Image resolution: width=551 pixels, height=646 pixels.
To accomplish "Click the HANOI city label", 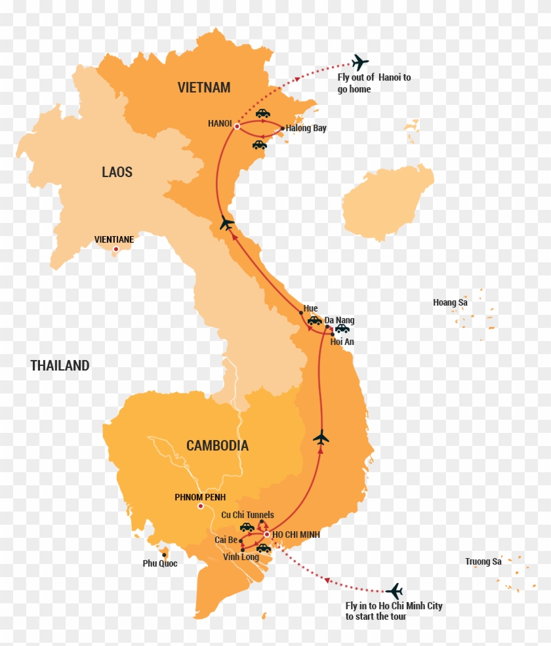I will [219, 123].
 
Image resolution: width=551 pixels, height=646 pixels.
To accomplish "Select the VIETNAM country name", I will [204, 87].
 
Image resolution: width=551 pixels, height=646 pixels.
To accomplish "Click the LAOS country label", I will [117, 172].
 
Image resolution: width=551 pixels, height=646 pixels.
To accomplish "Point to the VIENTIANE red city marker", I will [115, 249].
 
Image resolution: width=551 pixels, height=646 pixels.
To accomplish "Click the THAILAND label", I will [60, 366].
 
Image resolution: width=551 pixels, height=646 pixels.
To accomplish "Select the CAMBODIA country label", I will [217, 446].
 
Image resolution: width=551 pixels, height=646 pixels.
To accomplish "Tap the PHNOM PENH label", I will [200, 497].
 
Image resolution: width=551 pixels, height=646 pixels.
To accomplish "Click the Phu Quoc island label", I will [160, 563].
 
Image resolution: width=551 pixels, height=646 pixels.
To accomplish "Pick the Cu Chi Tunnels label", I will [247, 515].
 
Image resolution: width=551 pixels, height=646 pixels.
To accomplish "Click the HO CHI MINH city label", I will [296, 535].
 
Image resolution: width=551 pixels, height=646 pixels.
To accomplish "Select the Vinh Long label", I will [241, 557].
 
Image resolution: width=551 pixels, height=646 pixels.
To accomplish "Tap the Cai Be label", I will [226, 540].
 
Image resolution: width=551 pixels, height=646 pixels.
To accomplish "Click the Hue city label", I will [311, 308].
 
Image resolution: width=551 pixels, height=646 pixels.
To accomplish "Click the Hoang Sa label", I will [450, 302].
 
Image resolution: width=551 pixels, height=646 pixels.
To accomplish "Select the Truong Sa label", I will [483, 561].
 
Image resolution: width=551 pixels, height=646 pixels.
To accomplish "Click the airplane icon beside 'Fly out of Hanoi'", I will [359, 63].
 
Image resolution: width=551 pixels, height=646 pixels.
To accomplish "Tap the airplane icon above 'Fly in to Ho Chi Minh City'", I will [394, 591].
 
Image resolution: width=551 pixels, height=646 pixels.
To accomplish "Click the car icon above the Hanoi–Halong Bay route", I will [262, 113].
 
